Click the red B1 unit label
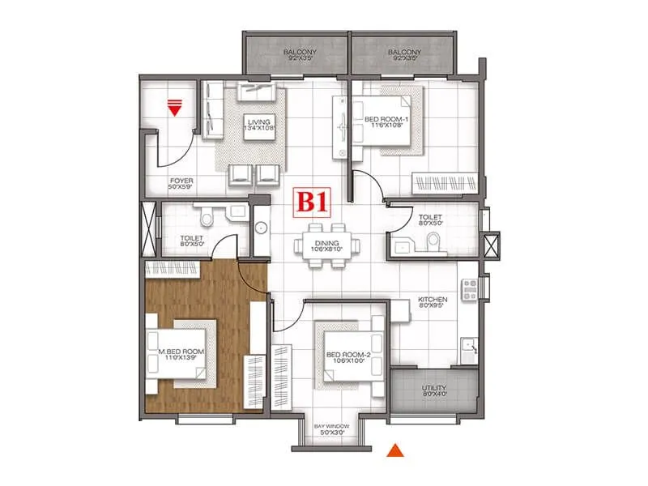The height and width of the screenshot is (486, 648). pos(311,201)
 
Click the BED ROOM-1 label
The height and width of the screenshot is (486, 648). pos(386,120)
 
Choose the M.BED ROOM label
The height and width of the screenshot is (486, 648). pos(181,352)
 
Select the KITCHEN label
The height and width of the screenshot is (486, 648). pos(433,300)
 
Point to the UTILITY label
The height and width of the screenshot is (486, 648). pos(433,389)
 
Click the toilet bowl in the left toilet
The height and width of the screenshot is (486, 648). pos(207,216)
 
